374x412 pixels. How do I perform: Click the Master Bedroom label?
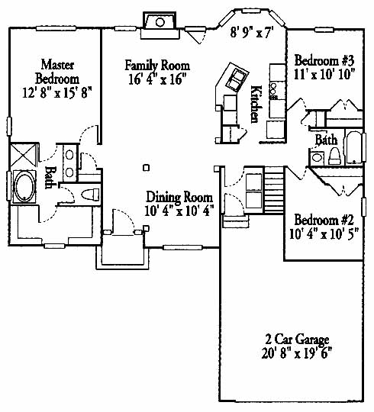click(x=57, y=72)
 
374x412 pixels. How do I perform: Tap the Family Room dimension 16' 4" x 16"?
click(x=157, y=79)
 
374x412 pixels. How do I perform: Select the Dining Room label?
click(x=179, y=197)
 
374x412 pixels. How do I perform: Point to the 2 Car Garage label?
click(x=297, y=340)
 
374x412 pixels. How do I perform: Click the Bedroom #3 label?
click(x=324, y=61)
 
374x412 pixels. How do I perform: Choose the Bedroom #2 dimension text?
click(x=324, y=233)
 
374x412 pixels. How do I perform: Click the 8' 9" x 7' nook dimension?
click(x=250, y=33)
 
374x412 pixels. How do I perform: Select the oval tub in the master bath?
click(x=24, y=187)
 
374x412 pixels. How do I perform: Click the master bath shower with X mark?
click(x=24, y=155)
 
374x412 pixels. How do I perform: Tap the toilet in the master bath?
click(x=90, y=195)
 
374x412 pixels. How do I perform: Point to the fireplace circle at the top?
click(x=160, y=22)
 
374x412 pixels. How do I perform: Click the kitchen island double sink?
click(x=235, y=79)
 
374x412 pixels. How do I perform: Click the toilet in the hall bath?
click(x=335, y=156)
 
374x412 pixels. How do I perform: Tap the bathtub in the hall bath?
click(x=354, y=147)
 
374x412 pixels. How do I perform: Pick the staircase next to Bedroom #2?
click(x=273, y=190)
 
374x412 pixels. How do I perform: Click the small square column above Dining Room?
click(x=147, y=167)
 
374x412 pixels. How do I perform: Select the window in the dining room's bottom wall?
click(x=182, y=247)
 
